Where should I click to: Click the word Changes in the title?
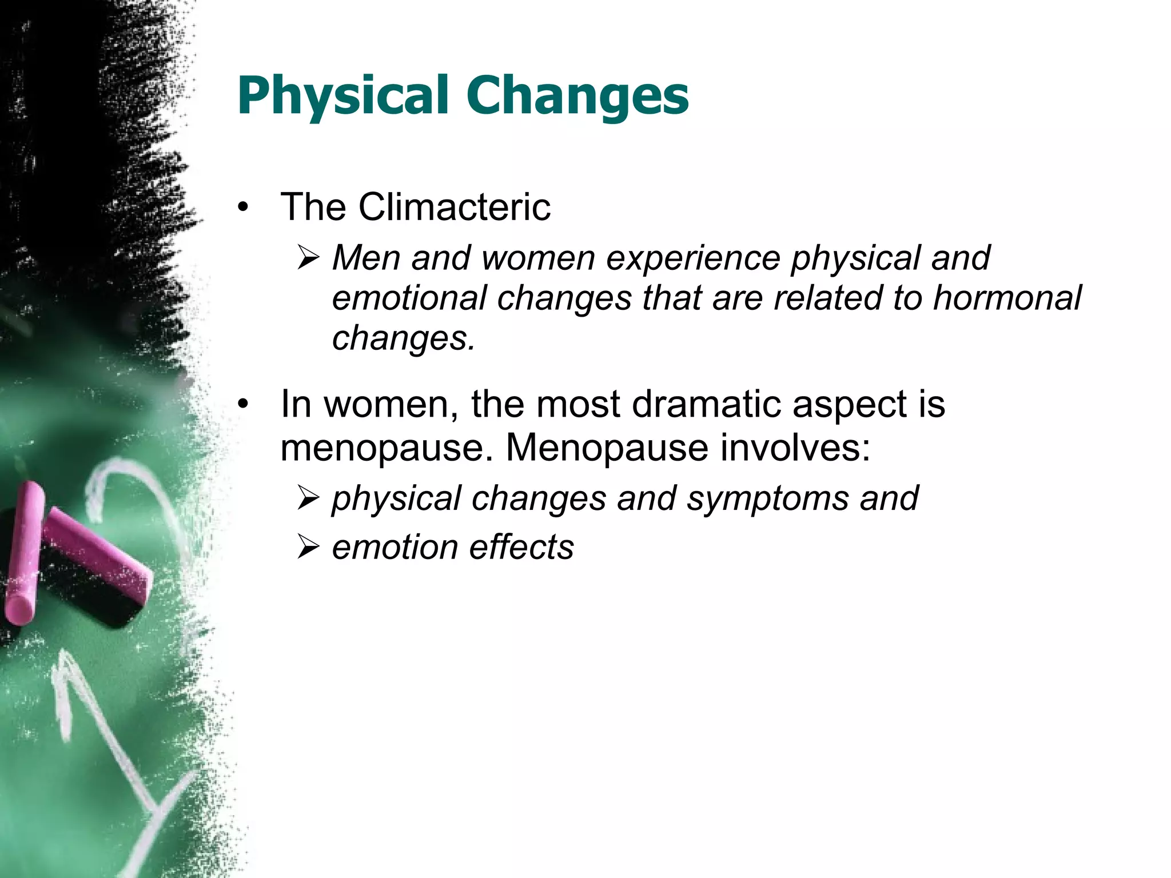pyautogui.click(x=577, y=96)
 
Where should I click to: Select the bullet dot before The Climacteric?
pyautogui.click(x=244, y=208)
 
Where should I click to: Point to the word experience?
pyautogui.click(x=693, y=258)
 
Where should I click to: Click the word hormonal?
pyautogui.click(x=1007, y=298)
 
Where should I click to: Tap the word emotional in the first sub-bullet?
pyautogui.click(x=409, y=298)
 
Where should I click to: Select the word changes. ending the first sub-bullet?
pyautogui.click(x=404, y=338)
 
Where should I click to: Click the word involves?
pyautogui.click(x=795, y=448)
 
